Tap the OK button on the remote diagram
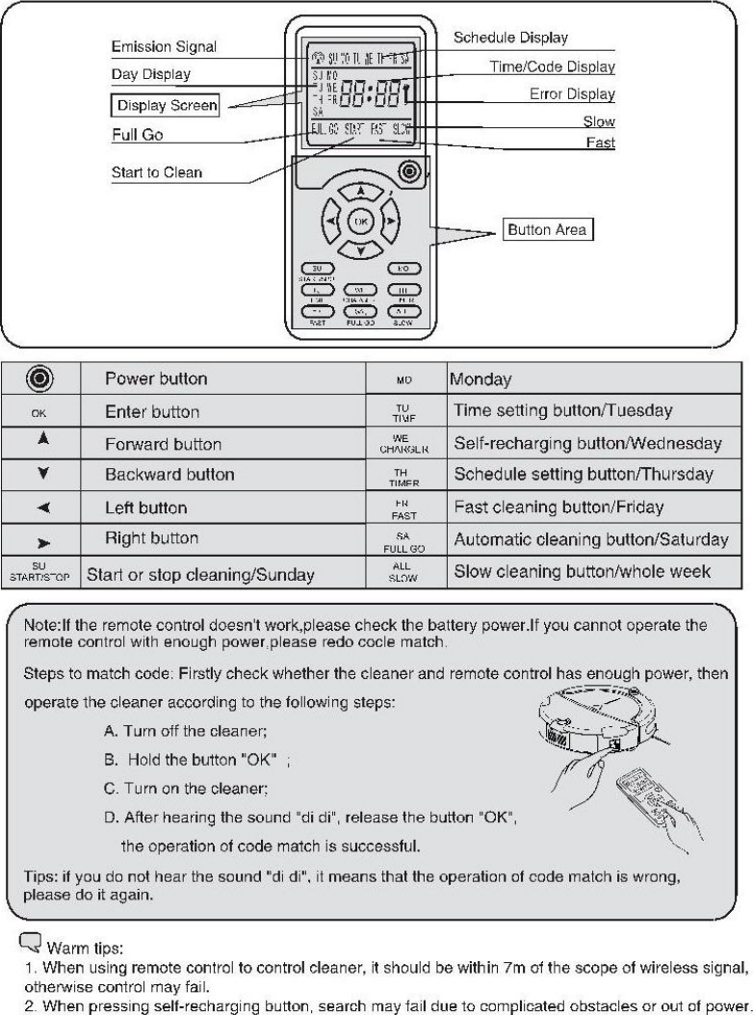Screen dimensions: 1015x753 pyautogui.click(x=360, y=222)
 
